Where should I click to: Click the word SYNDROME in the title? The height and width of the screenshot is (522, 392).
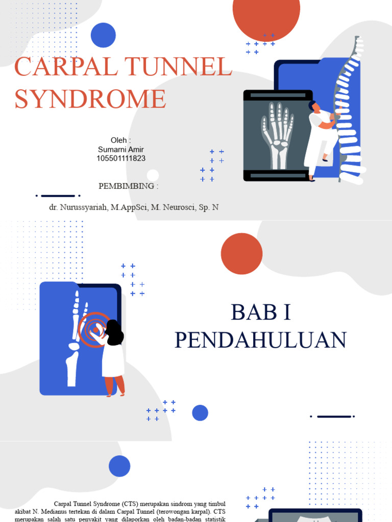click(x=90, y=99)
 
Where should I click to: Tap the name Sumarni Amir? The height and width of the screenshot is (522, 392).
click(x=121, y=149)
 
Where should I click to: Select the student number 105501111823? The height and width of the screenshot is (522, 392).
click(x=121, y=159)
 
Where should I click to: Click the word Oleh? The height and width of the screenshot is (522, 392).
click(x=120, y=140)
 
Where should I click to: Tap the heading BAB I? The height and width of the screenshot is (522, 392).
click(x=261, y=312)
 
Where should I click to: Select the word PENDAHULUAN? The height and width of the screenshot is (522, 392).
click(x=261, y=340)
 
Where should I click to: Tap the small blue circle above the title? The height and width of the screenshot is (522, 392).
click(x=103, y=35)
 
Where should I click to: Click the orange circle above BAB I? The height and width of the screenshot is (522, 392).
click(x=241, y=254)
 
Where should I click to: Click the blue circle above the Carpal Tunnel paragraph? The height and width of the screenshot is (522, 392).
click(x=119, y=466)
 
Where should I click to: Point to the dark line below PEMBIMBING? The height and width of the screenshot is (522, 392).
click(x=58, y=196)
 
